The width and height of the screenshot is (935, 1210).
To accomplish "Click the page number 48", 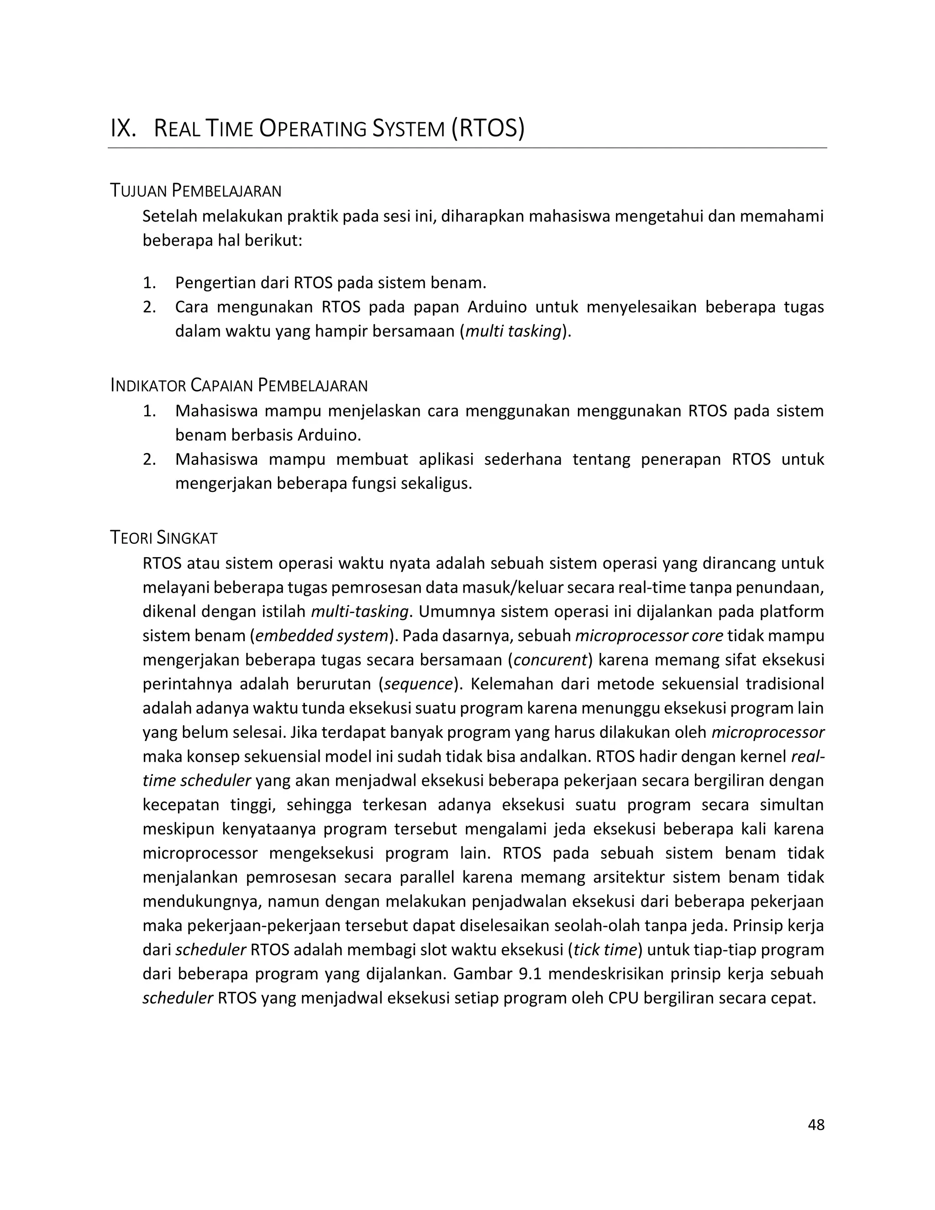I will point(816,1125).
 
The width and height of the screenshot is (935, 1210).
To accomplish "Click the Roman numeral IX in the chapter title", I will point(123,129).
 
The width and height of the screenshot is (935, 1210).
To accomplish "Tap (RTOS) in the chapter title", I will point(488,129).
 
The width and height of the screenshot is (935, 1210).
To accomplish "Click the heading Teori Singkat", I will point(164,537).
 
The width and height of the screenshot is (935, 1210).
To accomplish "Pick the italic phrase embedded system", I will point(321,636).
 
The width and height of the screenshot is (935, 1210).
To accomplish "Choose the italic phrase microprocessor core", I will point(649,636).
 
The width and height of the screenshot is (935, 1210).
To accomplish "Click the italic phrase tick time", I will point(605,950).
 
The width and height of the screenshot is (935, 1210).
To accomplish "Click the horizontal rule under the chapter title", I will point(467,148).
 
